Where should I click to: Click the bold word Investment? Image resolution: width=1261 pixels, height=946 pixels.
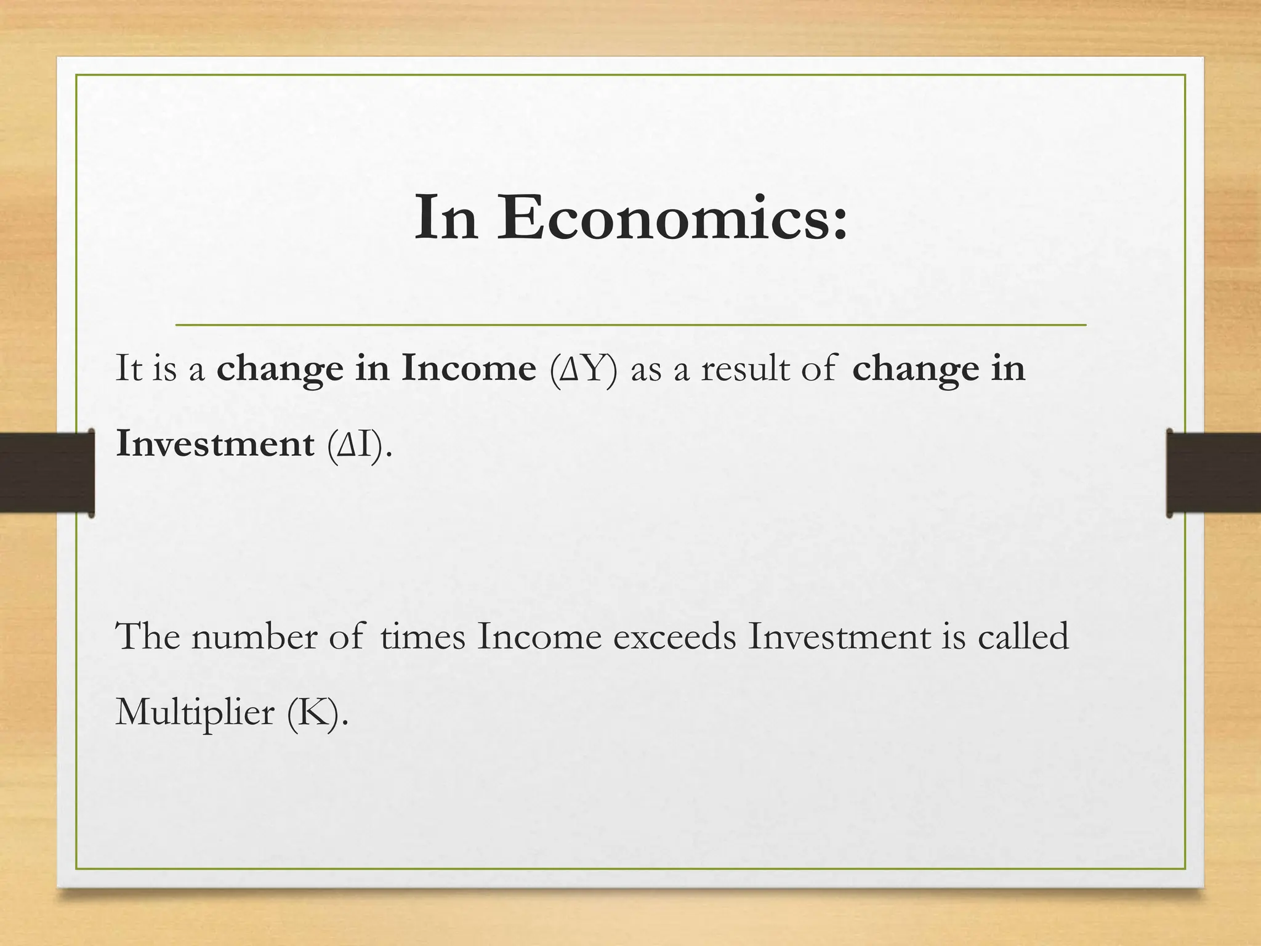215,444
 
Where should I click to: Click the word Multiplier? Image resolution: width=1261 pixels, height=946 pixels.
195,713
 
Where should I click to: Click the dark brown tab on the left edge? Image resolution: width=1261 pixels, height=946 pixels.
46,472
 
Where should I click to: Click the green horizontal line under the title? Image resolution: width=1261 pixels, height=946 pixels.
630,324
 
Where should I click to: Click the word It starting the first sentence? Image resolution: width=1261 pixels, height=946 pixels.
129,369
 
